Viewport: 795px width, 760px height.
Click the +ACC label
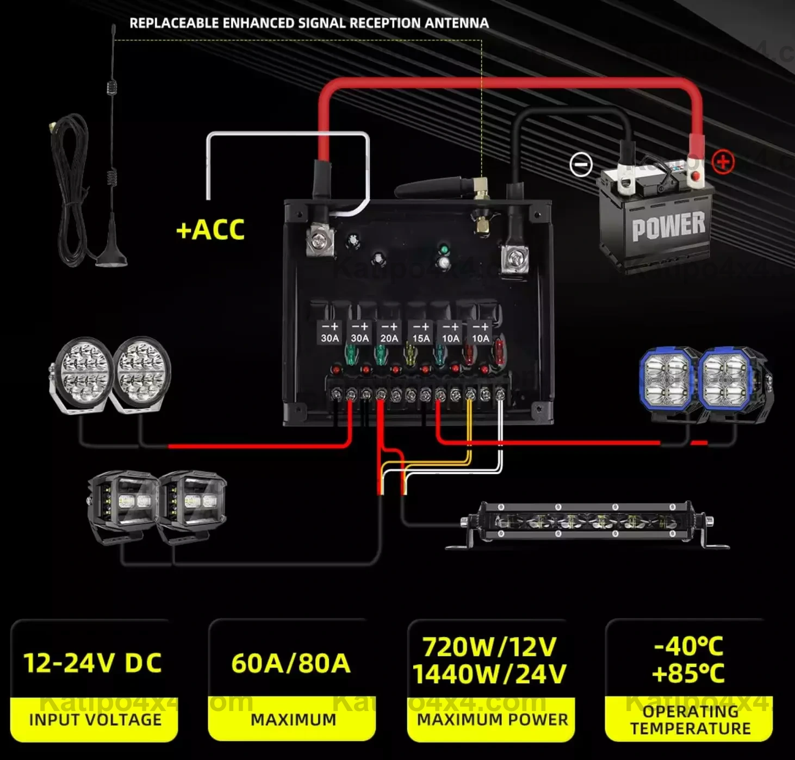coord(210,230)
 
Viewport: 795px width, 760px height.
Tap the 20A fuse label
coord(389,338)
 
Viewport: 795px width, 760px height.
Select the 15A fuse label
coord(421,338)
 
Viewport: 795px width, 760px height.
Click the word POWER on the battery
coord(668,226)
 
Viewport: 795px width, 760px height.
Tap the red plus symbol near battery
coord(723,162)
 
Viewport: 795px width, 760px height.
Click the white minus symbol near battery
coord(580,164)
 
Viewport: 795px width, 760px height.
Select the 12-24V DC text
coord(92,663)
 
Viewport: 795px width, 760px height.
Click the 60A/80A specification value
coord(291,663)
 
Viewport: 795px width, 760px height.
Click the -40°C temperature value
coord(688,646)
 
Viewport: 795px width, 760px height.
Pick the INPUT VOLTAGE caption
coord(95,720)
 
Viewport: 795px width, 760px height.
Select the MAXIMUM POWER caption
coord(492,720)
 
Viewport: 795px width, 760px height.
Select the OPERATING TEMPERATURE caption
coord(690,720)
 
